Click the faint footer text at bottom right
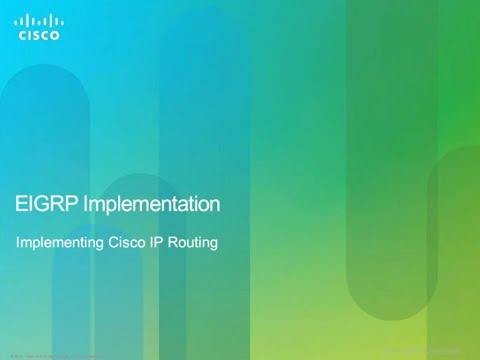click(x=435, y=352)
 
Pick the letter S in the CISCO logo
click(x=39, y=35)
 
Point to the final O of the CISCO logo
click(x=55, y=35)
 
